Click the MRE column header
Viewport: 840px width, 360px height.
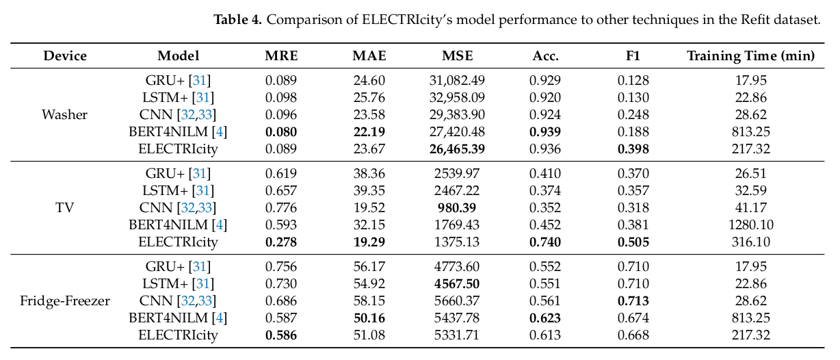281,55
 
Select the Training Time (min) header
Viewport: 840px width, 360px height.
751,56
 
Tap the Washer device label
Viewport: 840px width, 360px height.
64,114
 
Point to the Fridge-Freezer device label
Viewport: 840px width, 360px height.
64,300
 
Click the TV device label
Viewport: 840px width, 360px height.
64,207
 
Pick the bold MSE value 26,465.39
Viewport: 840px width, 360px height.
457,149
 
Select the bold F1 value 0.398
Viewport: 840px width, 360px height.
633,149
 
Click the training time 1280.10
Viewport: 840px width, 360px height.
751,225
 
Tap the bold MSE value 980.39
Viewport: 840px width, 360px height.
457,207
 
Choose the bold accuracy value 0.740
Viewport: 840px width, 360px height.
545,242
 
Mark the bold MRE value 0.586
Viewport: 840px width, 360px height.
281,335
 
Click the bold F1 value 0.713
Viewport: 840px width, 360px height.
633,300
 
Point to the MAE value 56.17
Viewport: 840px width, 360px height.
369,266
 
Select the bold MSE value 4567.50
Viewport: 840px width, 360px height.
457,284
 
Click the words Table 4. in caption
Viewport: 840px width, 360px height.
238,20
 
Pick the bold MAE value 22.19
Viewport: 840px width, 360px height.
369,132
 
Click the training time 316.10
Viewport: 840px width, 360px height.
751,242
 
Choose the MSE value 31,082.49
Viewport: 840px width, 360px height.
457,80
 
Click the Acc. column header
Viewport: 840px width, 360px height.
546,56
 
